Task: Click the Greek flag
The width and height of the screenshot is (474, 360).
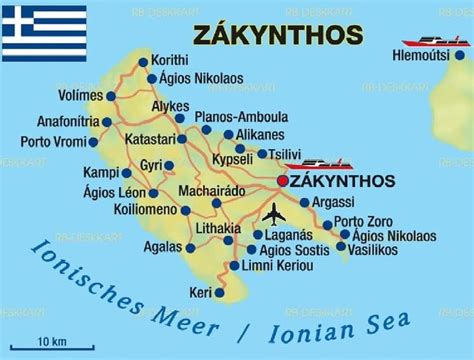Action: pos(44,33)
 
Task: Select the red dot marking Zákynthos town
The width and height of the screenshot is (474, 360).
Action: pos(282,181)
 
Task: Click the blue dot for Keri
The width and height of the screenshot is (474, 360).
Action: pos(211,292)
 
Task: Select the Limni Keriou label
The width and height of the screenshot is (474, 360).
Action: pos(279,265)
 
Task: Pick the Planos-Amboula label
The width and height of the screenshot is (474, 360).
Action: pos(241,116)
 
